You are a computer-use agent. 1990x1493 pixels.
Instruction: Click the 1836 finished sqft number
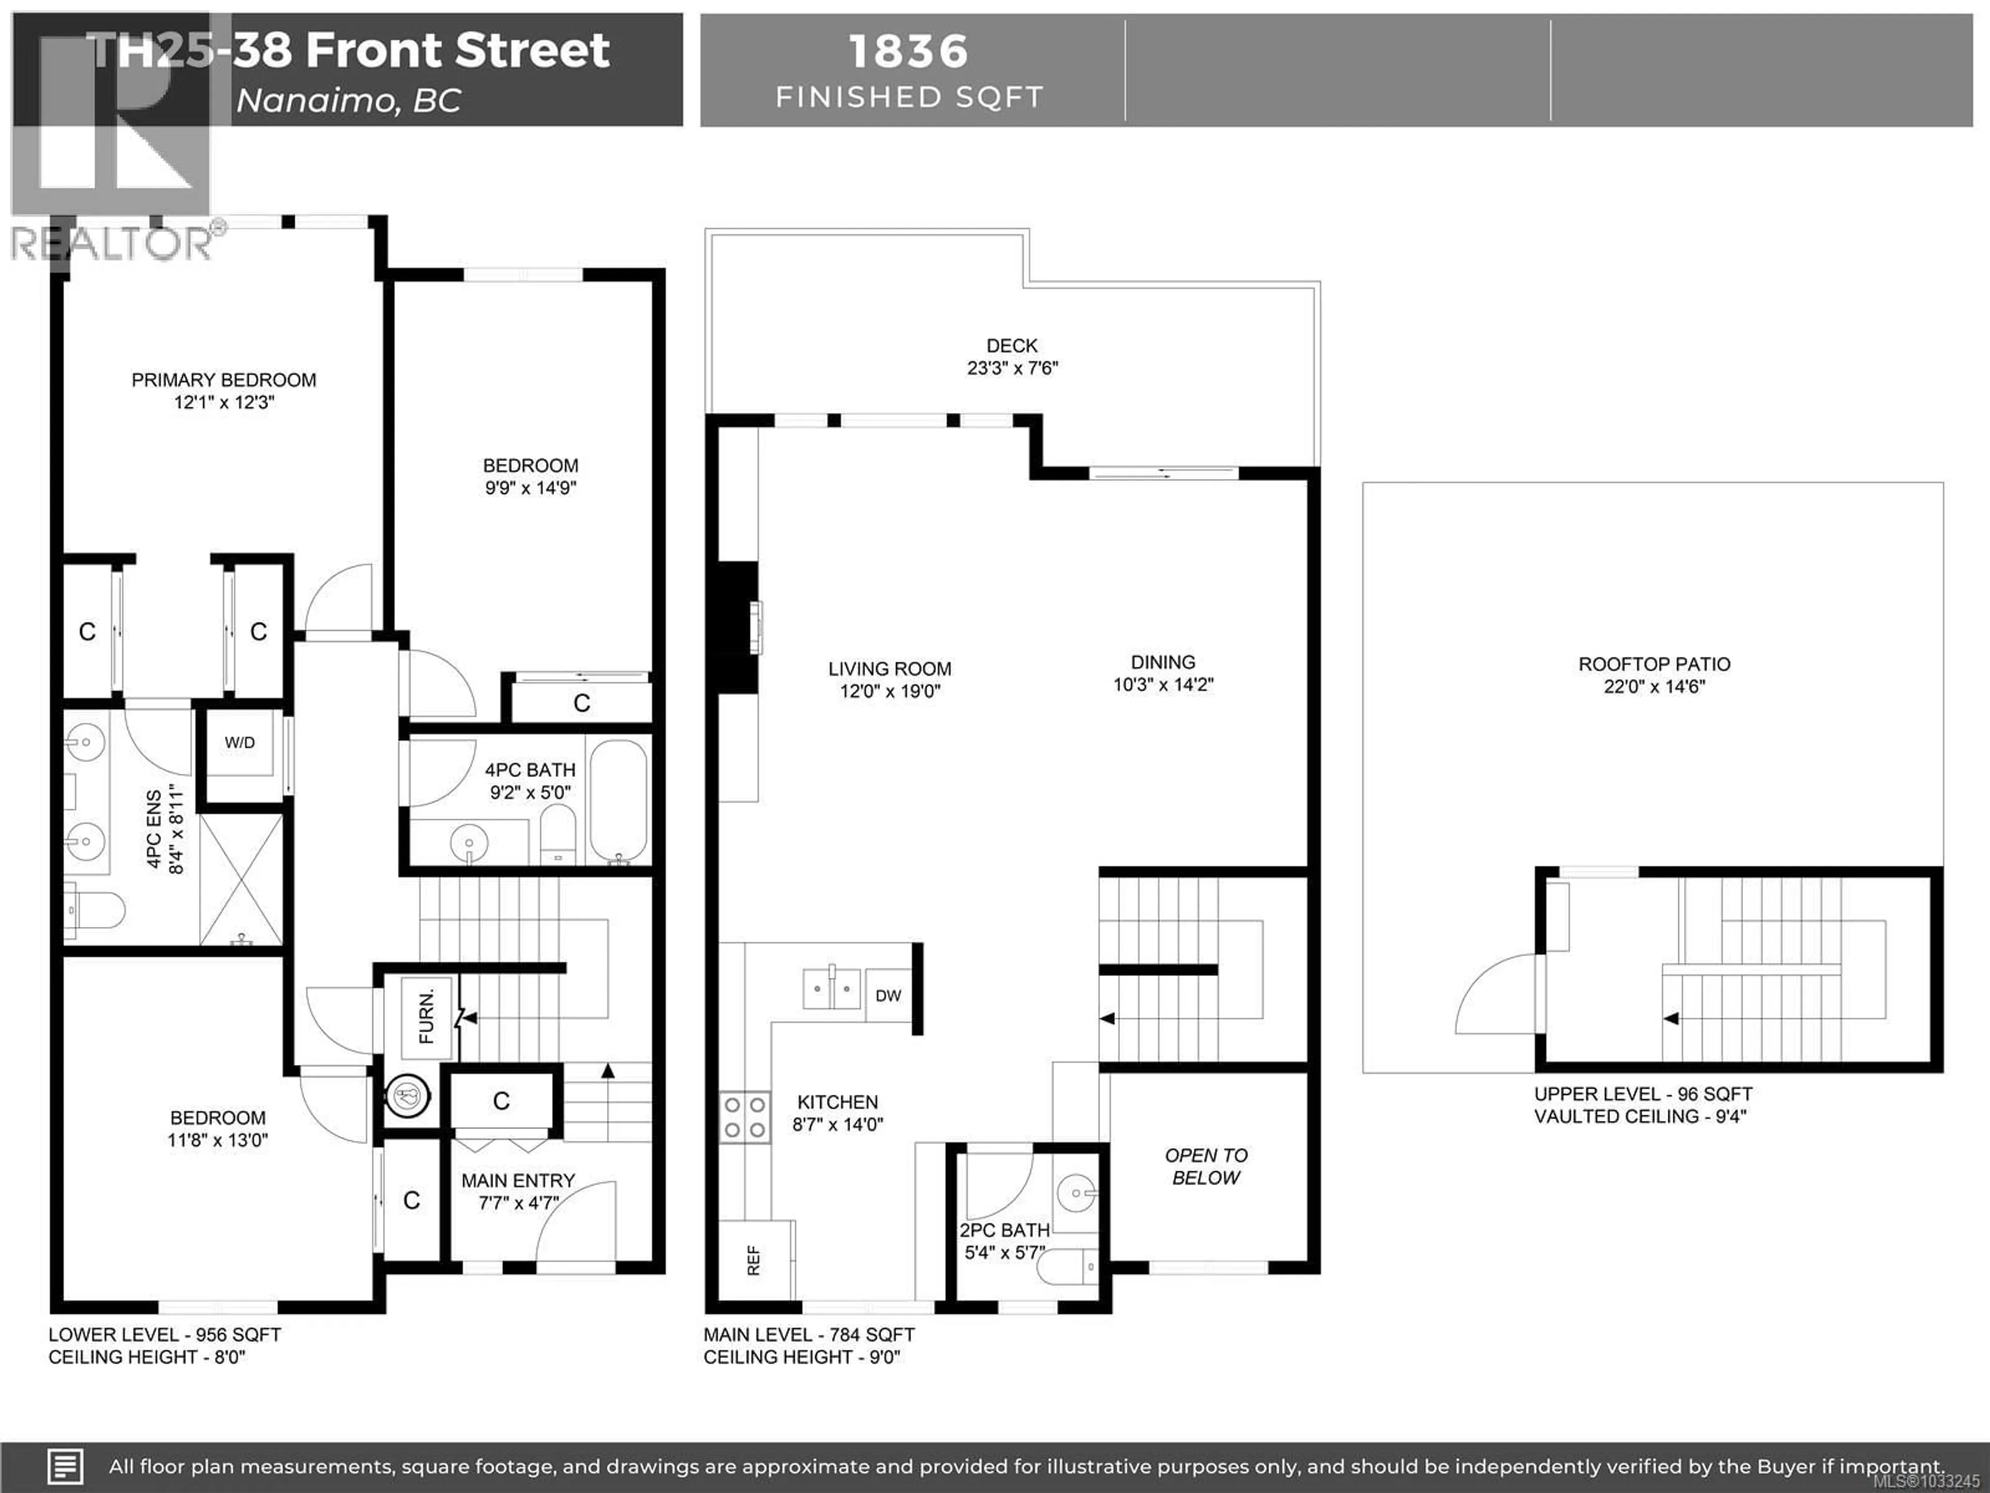[908, 51]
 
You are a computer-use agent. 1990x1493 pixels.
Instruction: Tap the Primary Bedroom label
[224, 380]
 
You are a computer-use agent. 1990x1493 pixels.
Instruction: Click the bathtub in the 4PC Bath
[618, 801]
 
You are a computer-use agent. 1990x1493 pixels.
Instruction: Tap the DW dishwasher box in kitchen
[888, 995]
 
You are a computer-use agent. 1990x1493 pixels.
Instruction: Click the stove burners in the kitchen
[745, 1117]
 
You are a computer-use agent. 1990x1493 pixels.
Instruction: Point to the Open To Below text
[1205, 1166]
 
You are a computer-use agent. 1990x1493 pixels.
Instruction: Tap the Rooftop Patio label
[1654, 664]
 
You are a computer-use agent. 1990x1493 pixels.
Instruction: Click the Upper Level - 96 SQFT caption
[1643, 1094]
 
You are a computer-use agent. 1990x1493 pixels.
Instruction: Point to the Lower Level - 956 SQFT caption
[165, 1334]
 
